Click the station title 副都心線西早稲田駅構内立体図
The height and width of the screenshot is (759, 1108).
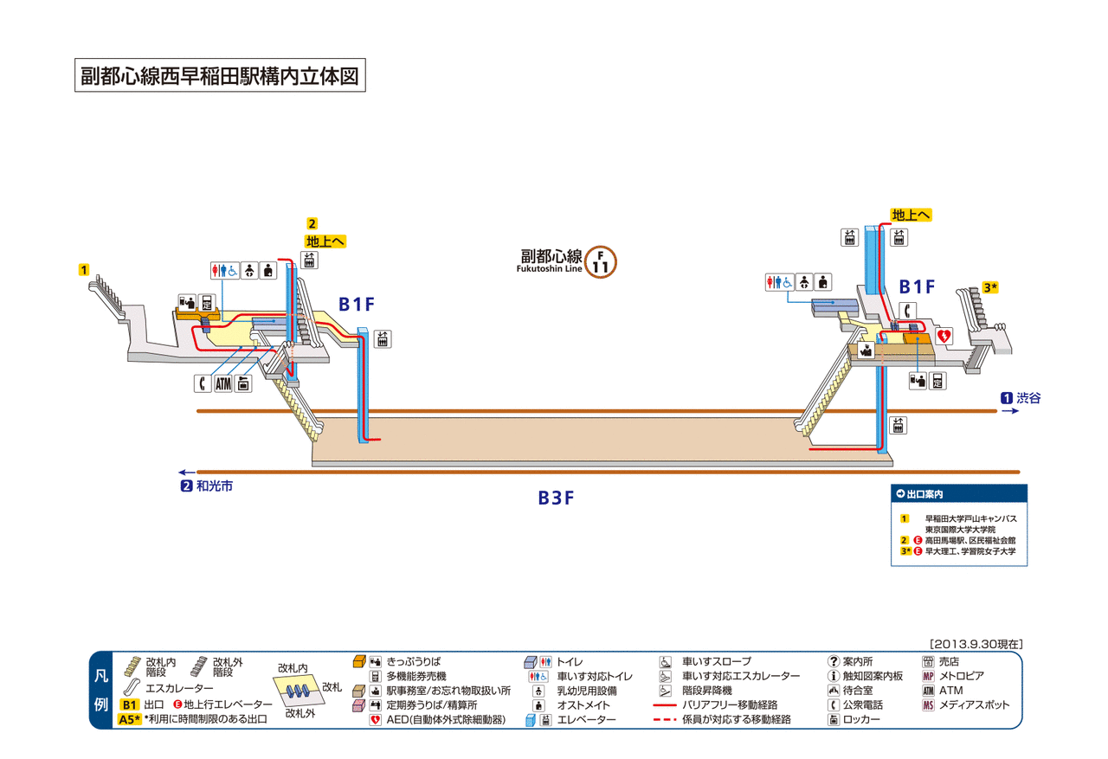point(220,75)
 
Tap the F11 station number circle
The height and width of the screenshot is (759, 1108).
point(600,262)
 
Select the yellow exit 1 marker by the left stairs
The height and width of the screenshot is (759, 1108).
point(84,269)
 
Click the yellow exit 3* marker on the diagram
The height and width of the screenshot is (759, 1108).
point(989,287)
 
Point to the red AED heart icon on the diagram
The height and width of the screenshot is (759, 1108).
point(944,337)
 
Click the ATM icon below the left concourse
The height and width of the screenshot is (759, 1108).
point(223,383)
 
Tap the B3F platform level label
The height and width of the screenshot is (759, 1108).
point(556,498)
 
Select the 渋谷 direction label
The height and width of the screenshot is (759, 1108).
point(1028,398)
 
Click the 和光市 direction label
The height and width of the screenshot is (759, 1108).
point(215,486)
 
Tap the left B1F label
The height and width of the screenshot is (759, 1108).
point(356,305)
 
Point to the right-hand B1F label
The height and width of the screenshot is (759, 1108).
point(917,286)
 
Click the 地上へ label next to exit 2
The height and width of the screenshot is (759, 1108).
point(325,241)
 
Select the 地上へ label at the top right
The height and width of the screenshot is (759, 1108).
point(911,215)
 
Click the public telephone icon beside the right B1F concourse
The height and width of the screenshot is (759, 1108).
point(907,311)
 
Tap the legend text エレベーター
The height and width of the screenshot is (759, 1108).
point(586,719)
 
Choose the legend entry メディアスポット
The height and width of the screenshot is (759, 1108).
point(974,705)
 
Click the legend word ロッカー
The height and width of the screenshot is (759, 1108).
point(861,719)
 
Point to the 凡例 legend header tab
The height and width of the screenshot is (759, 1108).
point(101,691)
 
